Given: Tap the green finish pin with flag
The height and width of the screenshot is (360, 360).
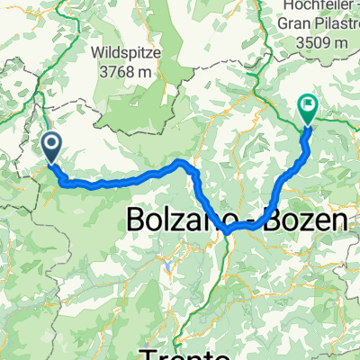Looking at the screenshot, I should pos(308,109).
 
